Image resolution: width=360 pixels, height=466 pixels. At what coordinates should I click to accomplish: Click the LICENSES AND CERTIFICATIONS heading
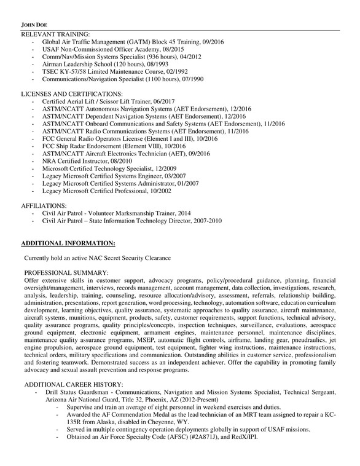point(76,93)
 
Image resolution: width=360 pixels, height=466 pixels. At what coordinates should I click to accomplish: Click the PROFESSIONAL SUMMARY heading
point(66,272)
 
